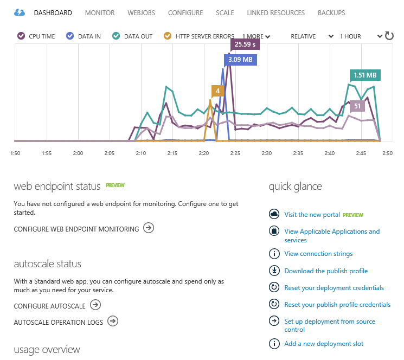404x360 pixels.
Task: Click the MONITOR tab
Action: pyautogui.click(x=100, y=12)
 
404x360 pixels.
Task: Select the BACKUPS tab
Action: pyautogui.click(x=331, y=12)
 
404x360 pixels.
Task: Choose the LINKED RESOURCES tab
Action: pyautogui.click(x=275, y=12)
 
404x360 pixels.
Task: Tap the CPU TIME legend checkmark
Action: pyautogui.click(x=21, y=36)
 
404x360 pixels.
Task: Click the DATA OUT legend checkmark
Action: pyautogui.click(x=116, y=36)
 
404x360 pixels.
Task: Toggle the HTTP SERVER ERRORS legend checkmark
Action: pyautogui.click(x=168, y=36)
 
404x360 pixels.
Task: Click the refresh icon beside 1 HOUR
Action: pyautogui.click(x=389, y=36)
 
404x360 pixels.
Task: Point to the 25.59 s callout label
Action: pyautogui.click(x=245, y=44)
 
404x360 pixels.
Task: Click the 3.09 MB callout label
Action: pyautogui.click(x=240, y=59)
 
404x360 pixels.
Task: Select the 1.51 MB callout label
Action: pyautogui.click(x=365, y=75)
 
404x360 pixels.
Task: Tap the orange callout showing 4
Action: pyautogui.click(x=217, y=91)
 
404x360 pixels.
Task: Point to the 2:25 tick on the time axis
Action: pyautogui.click(x=235, y=153)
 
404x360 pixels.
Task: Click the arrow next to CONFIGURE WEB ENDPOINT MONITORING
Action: pyautogui.click(x=149, y=228)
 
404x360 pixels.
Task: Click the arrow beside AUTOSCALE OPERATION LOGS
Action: pyautogui.click(x=113, y=322)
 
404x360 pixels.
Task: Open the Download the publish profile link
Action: pyautogui.click(x=326, y=271)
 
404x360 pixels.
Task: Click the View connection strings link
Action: pyautogui.click(x=318, y=254)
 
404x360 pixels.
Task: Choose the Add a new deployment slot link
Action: pyautogui.click(x=324, y=344)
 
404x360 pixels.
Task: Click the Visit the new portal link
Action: pyautogui.click(x=312, y=215)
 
